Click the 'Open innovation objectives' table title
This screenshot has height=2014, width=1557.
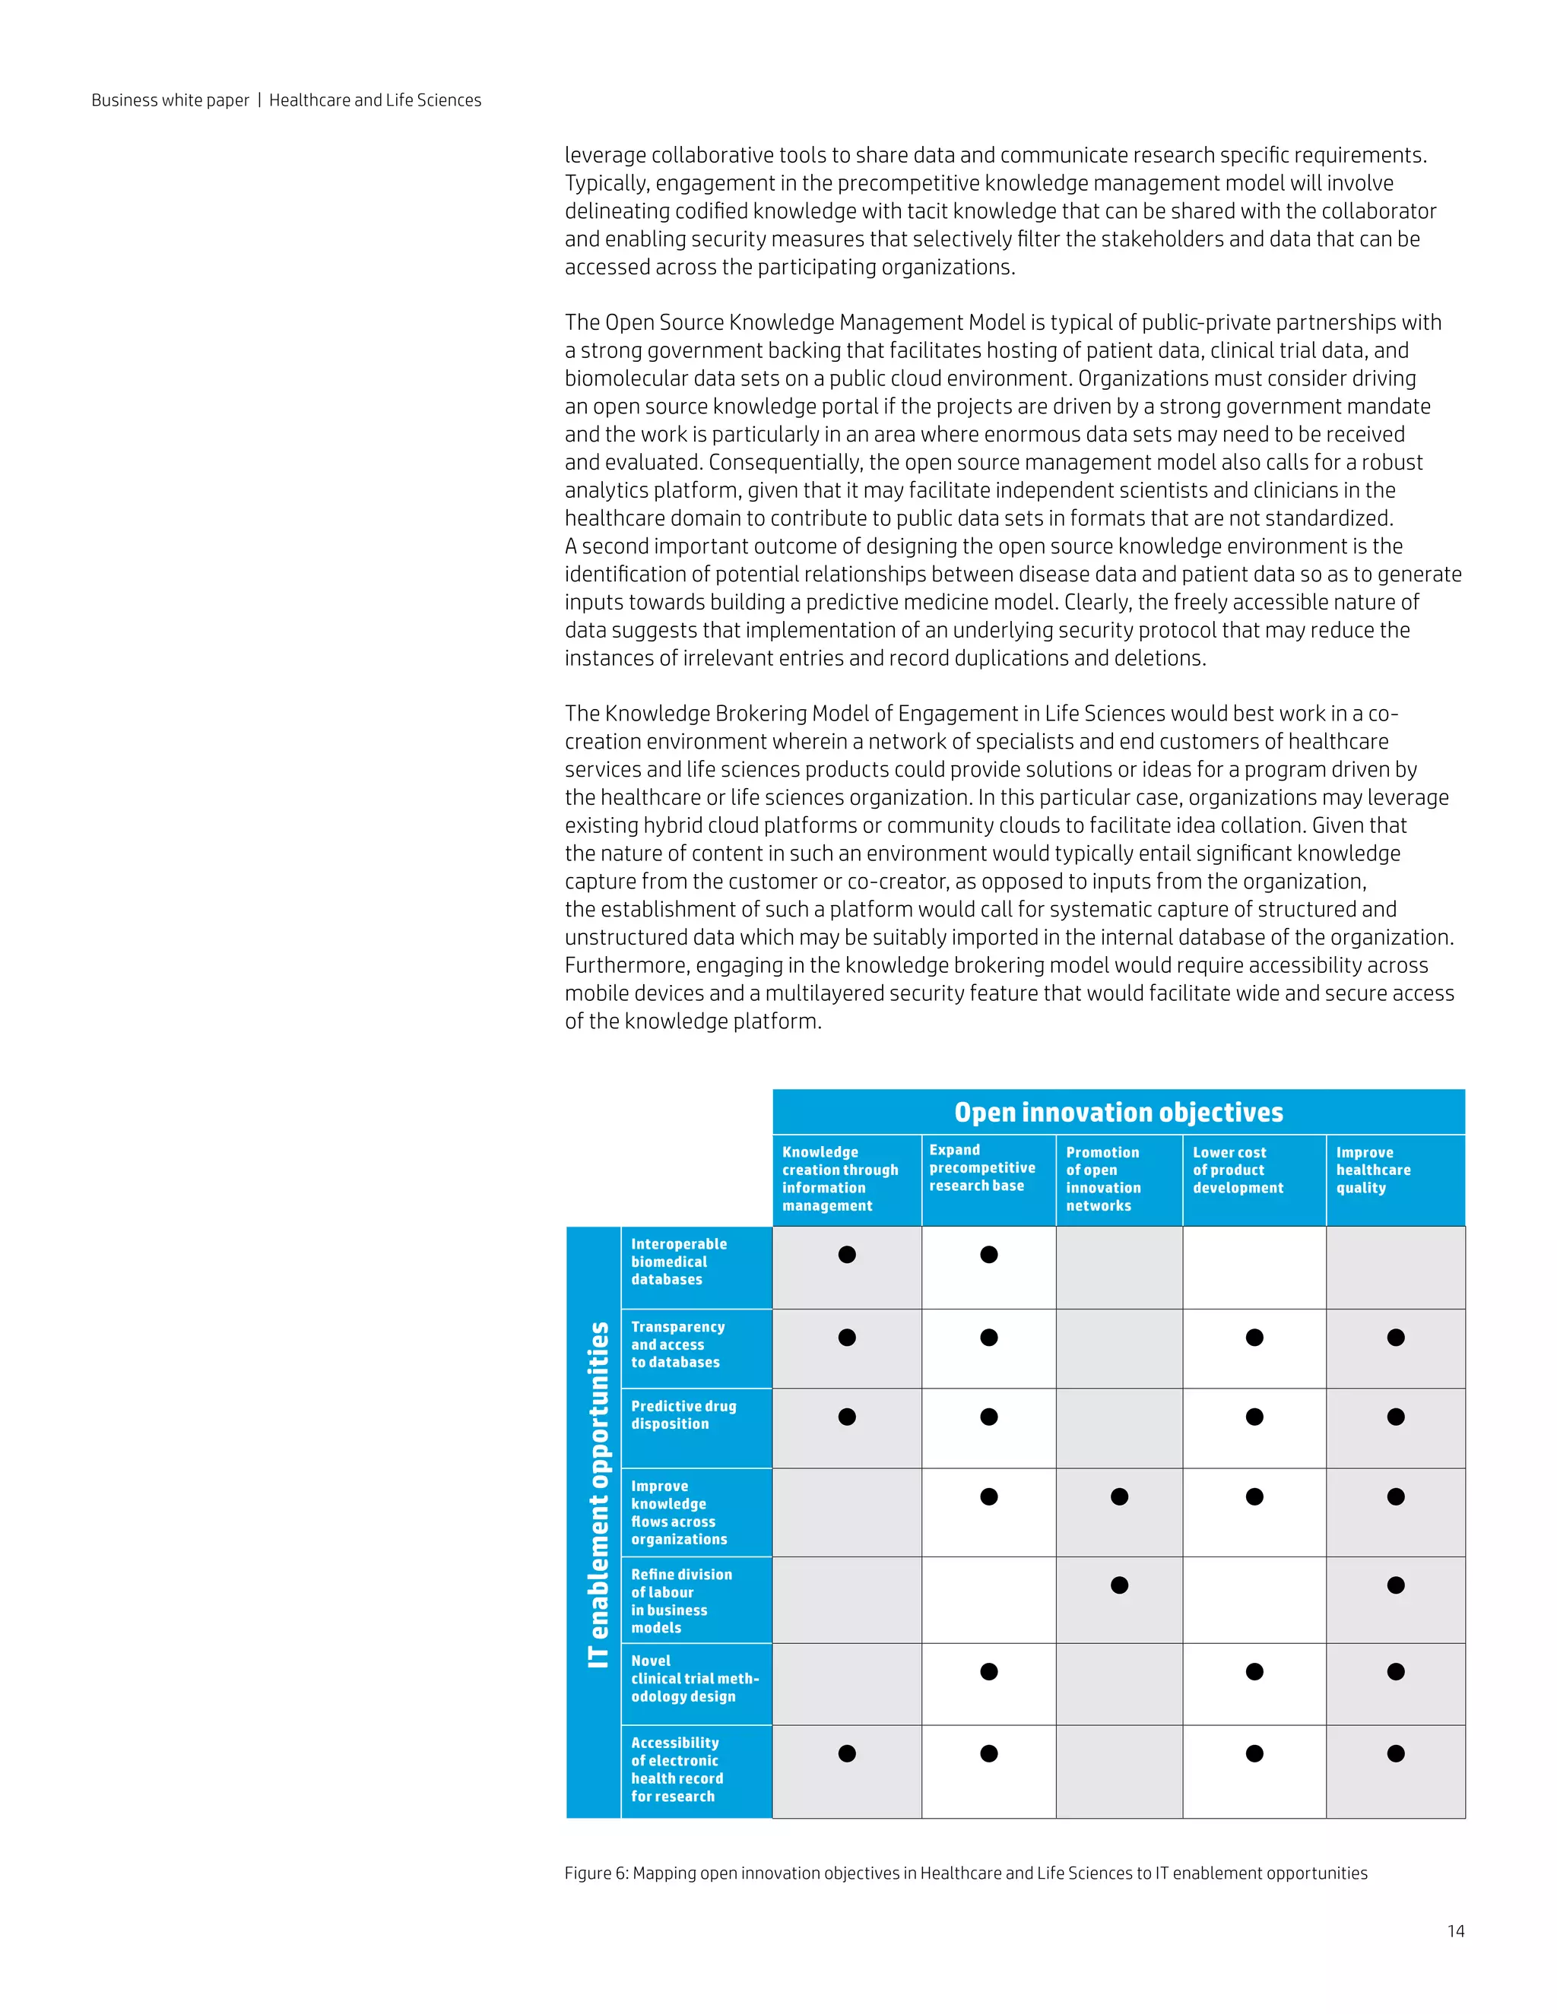[1118, 1112]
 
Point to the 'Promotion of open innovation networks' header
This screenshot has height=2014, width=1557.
[1103, 1179]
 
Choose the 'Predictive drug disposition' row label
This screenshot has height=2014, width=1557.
[683, 1414]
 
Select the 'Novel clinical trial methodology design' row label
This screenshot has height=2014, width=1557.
[693, 1678]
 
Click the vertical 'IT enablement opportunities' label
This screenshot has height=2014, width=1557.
[598, 1494]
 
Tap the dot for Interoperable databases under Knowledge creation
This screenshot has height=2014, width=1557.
[847, 1254]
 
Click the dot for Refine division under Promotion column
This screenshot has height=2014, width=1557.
[1119, 1585]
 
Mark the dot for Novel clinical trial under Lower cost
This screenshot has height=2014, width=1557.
[1254, 1671]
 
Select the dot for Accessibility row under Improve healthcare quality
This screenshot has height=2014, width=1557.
[1396, 1753]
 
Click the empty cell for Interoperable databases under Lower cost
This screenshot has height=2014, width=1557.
[1254, 1267]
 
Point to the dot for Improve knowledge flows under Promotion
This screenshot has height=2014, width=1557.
[1119, 1496]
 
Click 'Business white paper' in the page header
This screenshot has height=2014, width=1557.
[170, 100]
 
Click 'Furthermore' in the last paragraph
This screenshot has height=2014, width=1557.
[626, 965]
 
